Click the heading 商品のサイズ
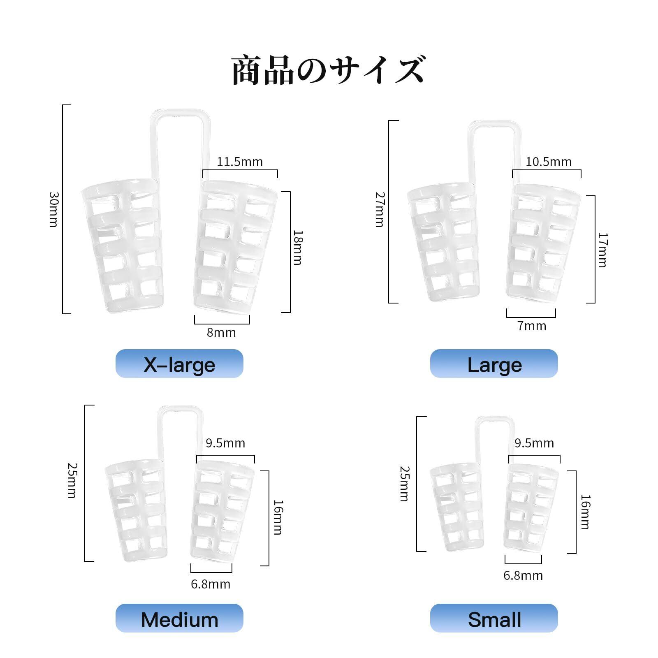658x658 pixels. pos(328,71)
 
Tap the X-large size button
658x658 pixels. pos(179,364)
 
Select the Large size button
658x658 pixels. pos(494,364)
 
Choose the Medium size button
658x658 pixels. pos(179,619)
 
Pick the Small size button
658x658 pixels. pos(494,619)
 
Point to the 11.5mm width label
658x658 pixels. pos(240,162)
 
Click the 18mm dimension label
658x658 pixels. pos(298,248)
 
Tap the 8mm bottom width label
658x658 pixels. pos(221,332)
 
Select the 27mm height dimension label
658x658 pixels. pos(379,210)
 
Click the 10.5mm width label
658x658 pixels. pos(549,162)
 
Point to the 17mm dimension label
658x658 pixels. pos(602,250)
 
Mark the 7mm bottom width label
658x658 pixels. pos(532,326)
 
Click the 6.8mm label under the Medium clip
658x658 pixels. pos(211,584)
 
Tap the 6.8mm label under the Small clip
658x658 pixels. pos(523,575)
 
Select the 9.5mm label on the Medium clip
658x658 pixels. pos(225,443)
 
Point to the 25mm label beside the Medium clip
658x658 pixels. pos(72,480)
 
